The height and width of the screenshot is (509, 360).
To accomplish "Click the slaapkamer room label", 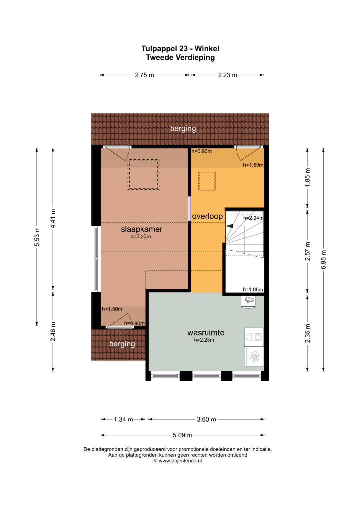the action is (142, 229).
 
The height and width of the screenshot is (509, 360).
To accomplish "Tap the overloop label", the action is (207, 216).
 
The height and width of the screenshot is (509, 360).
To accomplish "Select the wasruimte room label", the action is (206, 333).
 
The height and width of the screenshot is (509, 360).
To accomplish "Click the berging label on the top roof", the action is (183, 129).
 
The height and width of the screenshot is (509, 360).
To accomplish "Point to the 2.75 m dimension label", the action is (144, 75).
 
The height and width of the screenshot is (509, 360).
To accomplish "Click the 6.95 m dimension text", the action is (323, 259).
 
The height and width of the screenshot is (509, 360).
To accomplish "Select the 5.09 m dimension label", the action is (182, 435).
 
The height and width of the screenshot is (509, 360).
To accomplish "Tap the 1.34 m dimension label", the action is (123, 419).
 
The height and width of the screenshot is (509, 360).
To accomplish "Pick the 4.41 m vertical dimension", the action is (53, 219).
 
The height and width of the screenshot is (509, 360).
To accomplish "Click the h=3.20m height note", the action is (141, 237).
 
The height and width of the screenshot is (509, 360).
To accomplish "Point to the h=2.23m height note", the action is (204, 340).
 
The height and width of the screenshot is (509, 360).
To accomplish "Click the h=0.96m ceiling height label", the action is (202, 151).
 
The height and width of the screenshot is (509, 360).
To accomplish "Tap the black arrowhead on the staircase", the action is (230, 226).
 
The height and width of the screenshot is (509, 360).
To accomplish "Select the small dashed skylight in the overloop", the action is (207, 181).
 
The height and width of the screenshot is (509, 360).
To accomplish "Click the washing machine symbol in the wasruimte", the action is (254, 337).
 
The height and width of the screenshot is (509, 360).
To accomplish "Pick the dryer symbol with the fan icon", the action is (254, 356).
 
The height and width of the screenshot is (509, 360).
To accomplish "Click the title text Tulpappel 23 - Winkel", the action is (180, 48).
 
